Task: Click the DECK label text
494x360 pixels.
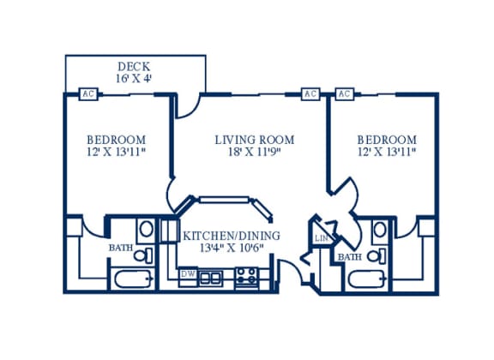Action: point(134,67)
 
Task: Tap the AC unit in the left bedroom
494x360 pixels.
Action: point(88,94)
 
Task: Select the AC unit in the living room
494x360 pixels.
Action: point(310,94)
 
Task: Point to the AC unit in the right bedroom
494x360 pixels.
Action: point(345,94)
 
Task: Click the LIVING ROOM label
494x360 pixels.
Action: point(255,140)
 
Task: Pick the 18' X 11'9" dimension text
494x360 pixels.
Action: point(255,152)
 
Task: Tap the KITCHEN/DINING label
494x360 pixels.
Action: point(232,236)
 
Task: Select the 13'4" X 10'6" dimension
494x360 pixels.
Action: point(232,249)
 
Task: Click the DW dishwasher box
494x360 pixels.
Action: point(188,274)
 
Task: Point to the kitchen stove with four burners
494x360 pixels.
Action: point(248,276)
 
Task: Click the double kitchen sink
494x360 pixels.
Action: point(211,277)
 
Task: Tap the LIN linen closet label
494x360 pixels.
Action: point(322,238)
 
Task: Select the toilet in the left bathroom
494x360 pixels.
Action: point(144,255)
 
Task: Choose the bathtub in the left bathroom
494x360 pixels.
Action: point(134,279)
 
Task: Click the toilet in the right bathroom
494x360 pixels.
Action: point(377,255)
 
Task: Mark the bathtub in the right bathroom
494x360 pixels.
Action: point(367,279)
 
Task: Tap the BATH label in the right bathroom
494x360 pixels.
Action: point(349,257)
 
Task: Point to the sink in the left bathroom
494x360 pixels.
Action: point(146,229)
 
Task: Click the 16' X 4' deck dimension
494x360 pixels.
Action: point(134,79)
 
